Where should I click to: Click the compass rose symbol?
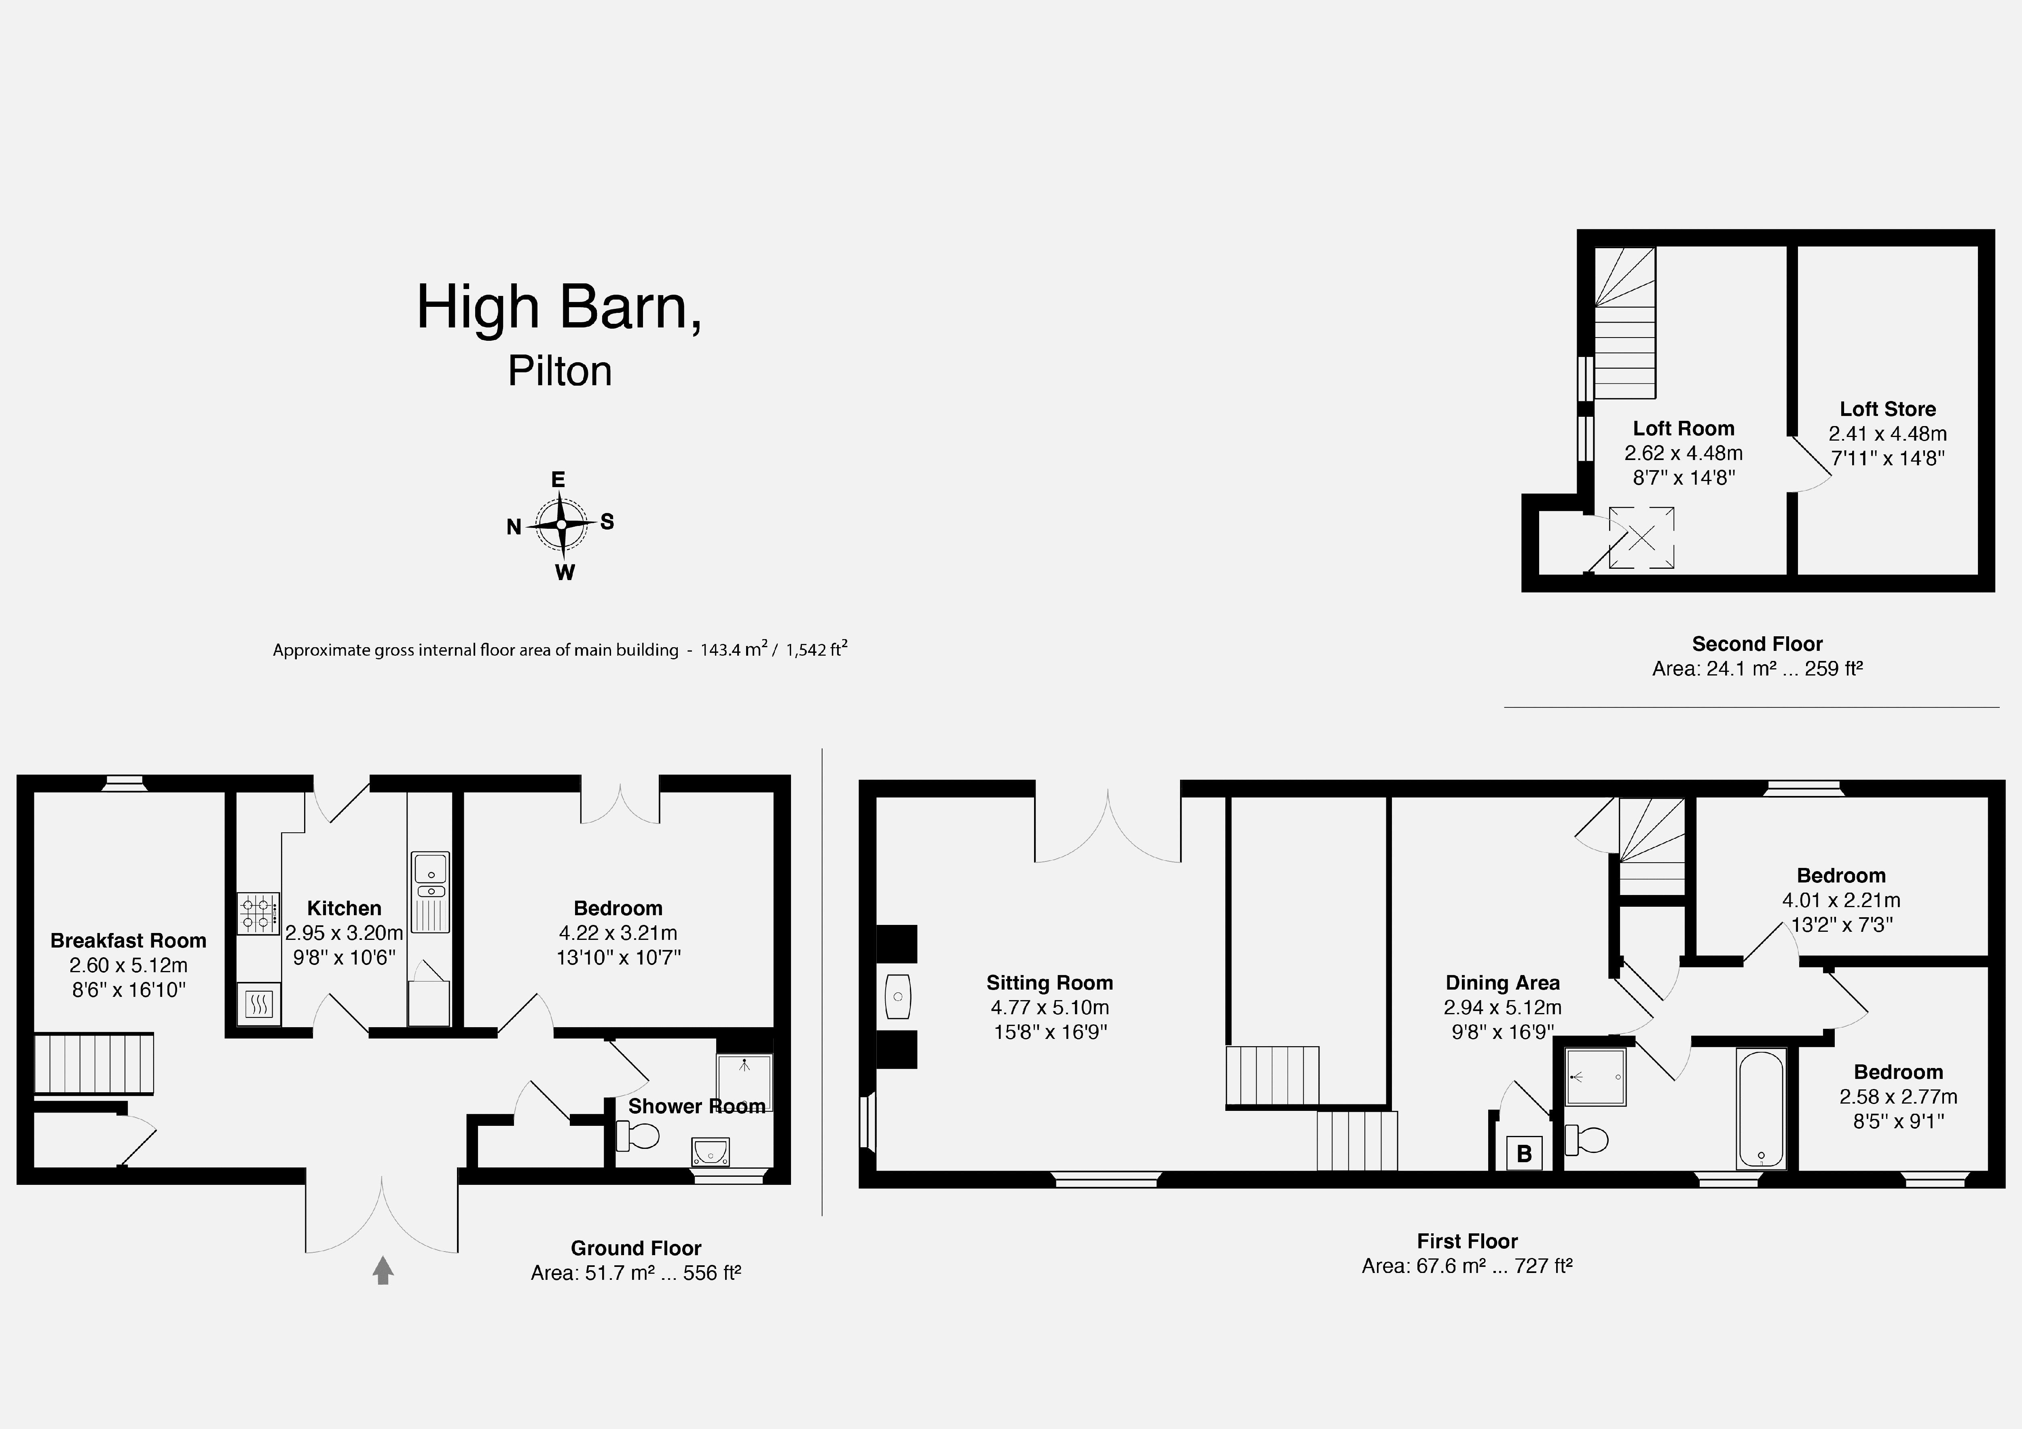pyautogui.click(x=561, y=525)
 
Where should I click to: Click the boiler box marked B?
pyautogui.click(x=1523, y=1152)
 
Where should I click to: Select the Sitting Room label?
pyautogui.click(x=1049, y=983)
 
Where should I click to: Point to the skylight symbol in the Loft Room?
pyautogui.click(x=1641, y=537)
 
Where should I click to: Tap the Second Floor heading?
pyautogui.click(x=1757, y=644)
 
